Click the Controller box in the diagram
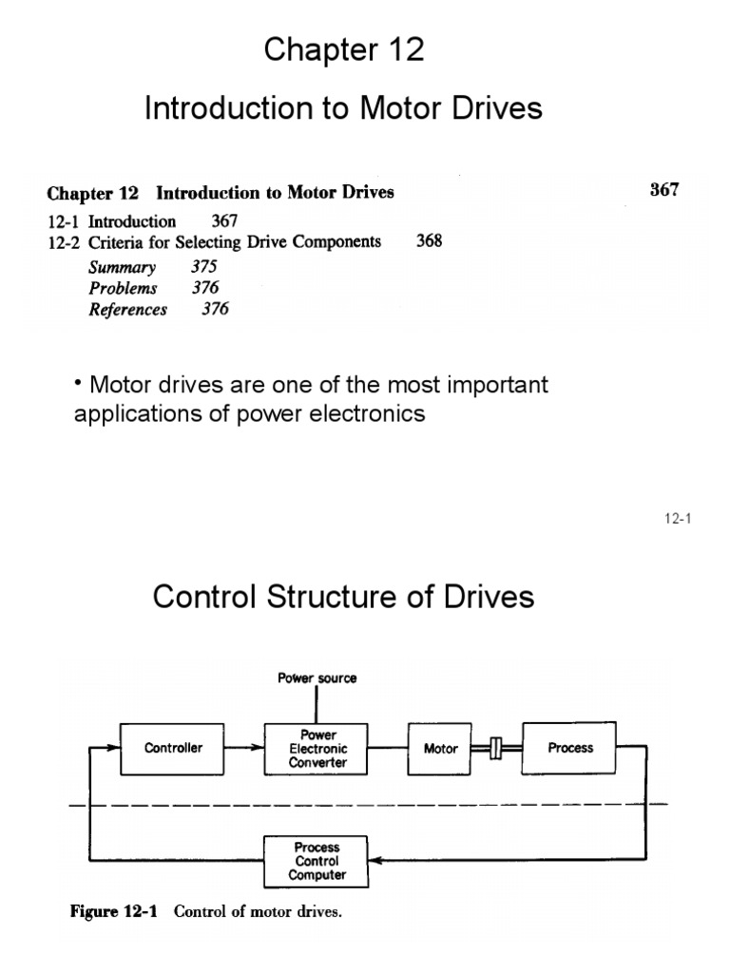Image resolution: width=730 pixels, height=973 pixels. pyautogui.click(x=173, y=748)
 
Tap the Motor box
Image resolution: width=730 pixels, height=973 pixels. pyautogui.click(x=440, y=749)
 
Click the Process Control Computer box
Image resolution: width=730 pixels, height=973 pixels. pyautogui.click(x=317, y=861)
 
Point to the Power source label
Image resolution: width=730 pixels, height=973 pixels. pyautogui.click(x=317, y=678)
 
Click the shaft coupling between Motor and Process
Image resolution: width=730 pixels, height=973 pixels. pyautogui.click(x=494, y=749)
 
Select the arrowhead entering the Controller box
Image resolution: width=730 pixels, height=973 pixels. pyautogui.click(x=113, y=748)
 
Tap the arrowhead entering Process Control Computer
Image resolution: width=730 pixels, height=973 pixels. pyautogui.click(x=375, y=861)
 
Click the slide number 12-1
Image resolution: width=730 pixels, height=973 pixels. pyautogui.click(x=677, y=519)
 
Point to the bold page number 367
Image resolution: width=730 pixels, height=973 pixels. pyautogui.click(x=664, y=189)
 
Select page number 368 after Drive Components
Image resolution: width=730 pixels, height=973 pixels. pyautogui.click(x=429, y=241)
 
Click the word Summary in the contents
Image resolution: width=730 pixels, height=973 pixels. pyautogui.click(x=123, y=267)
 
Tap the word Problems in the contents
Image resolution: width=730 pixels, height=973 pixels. pyautogui.click(x=124, y=288)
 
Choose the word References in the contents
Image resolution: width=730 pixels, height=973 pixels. pyautogui.click(x=128, y=310)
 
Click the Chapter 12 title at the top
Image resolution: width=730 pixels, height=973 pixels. pyautogui.click(x=344, y=50)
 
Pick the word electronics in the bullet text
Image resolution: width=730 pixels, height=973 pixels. pyautogui.click(x=367, y=415)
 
